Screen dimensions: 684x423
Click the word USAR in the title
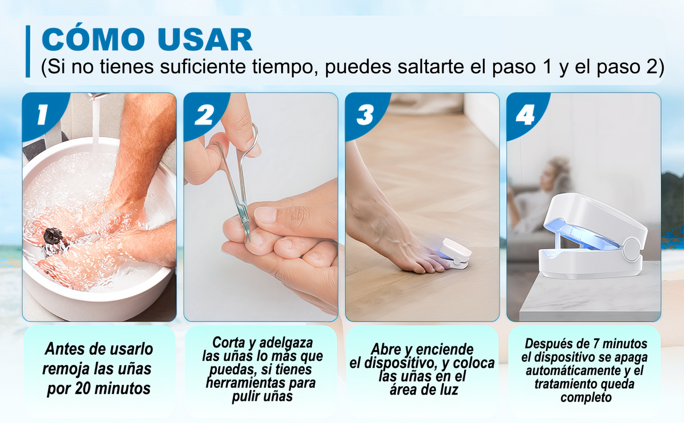tap(205, 40)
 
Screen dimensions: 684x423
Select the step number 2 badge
tap(204, 115)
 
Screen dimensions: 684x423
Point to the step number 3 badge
tap(365, 115)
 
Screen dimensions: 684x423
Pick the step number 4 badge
tap(525, 115)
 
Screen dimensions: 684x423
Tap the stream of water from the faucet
tap(96, 128)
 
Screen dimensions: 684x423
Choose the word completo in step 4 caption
tap(586, 397)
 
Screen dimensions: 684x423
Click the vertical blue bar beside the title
tap(28, 51)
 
